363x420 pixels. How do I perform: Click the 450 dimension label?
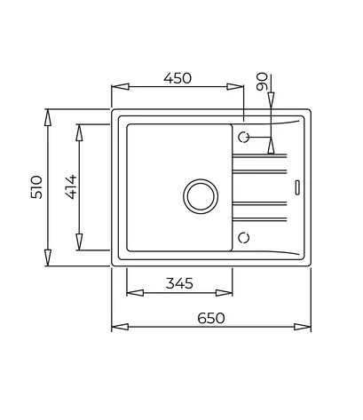click(178, 78)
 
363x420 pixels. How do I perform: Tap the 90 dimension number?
click(263, 82)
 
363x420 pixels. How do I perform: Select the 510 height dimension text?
click(36, 187)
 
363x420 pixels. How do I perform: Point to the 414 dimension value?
click(71, 187)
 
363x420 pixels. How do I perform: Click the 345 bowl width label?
click(179, 283)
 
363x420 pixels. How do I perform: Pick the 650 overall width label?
click(211, 318)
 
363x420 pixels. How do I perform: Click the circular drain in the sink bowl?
click(201, 196)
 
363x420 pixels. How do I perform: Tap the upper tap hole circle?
click(244, 137)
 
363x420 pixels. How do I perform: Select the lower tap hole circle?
click(244, 237)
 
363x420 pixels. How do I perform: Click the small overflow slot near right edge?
click(297, 187)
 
